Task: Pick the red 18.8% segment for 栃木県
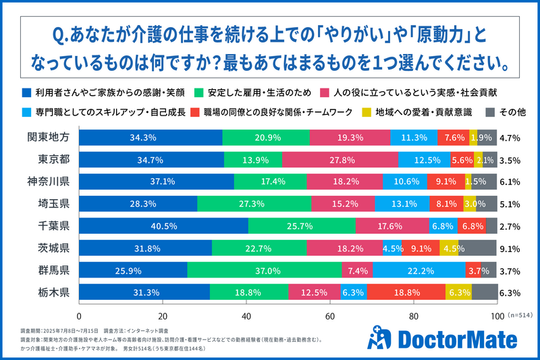[x=406, y=292]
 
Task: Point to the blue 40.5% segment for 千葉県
[x=164, y=226]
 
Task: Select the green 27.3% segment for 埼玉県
[x=254, y=203]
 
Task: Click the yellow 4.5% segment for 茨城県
[x=449, y=248]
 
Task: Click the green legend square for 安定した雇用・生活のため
[x=199, y=91]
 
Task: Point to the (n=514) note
[x=519, y=316]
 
